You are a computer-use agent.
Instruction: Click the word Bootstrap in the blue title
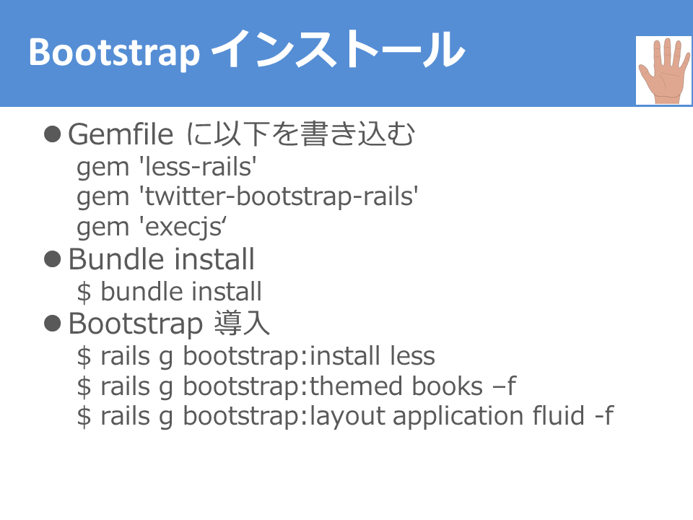(x=114, y=53)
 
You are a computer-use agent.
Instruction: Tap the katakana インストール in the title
(x=339, y=49)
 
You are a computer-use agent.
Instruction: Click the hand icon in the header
(x=664, y=70)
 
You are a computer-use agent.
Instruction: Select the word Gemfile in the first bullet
(x=121, y=134)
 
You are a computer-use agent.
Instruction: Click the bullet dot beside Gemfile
(x=52, y=134)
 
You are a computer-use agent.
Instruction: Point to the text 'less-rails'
(x=198, y=167)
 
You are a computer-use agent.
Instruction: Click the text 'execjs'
(x=183, y=227)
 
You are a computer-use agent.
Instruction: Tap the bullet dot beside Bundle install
(x=52, y=259)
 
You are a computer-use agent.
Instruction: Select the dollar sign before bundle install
(x=84, y=292)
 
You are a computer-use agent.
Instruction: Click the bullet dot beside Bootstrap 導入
(x=52, y=324)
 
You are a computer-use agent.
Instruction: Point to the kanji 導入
(x=242, y=324)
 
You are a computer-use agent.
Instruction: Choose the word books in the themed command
(x=448, y=386)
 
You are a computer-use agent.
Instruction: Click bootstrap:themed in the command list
(x=292, y=386)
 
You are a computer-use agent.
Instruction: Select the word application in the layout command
(x=458, y=417)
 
